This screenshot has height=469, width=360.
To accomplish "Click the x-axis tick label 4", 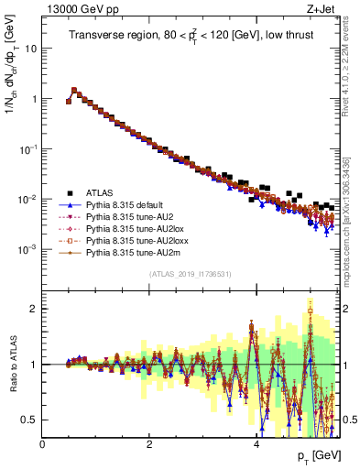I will pos(256,444).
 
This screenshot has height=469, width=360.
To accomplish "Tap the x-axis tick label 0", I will pos(42,444).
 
